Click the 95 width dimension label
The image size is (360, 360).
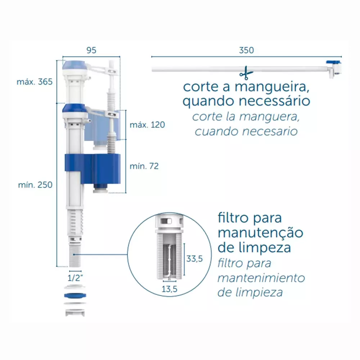91,50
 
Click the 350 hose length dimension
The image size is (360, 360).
246,50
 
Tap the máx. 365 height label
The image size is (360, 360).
35,82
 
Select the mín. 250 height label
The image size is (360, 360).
35,185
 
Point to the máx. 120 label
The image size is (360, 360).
147,125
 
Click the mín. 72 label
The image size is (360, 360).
144,166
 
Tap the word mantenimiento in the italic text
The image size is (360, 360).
261,278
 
